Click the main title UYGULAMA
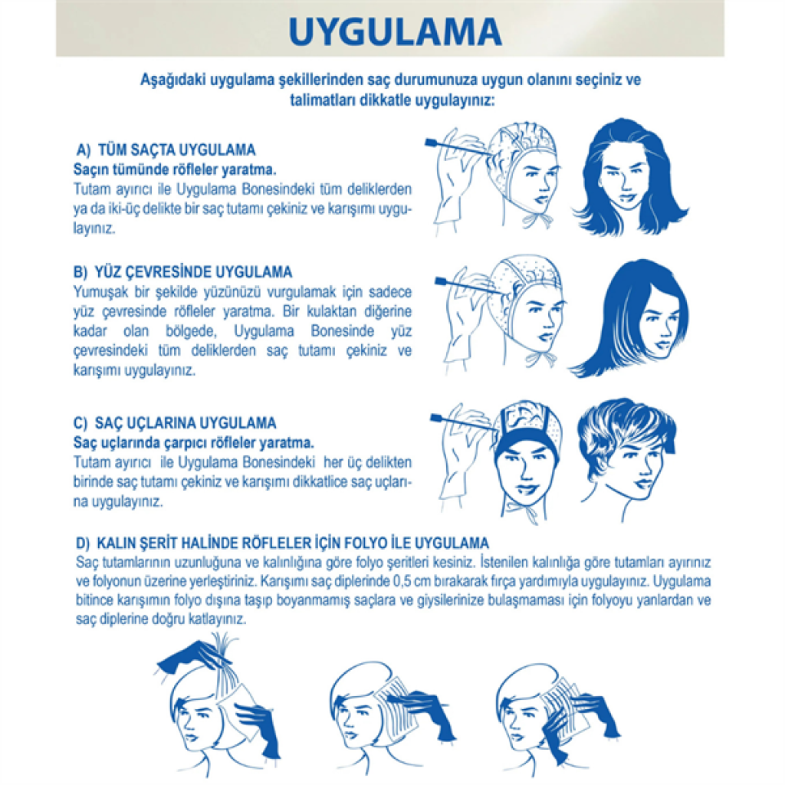click(x=395, y=31)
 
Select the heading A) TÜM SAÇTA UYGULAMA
click(x=166, y=149)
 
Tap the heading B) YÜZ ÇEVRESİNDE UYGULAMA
click(x=182, y=272)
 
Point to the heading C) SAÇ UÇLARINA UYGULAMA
click(x=175, y=423)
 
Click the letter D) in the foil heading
click(x=83, y=544)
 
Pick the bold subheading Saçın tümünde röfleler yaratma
click(x=175, y=169)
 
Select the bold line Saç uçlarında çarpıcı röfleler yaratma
click(x=194, y=443)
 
